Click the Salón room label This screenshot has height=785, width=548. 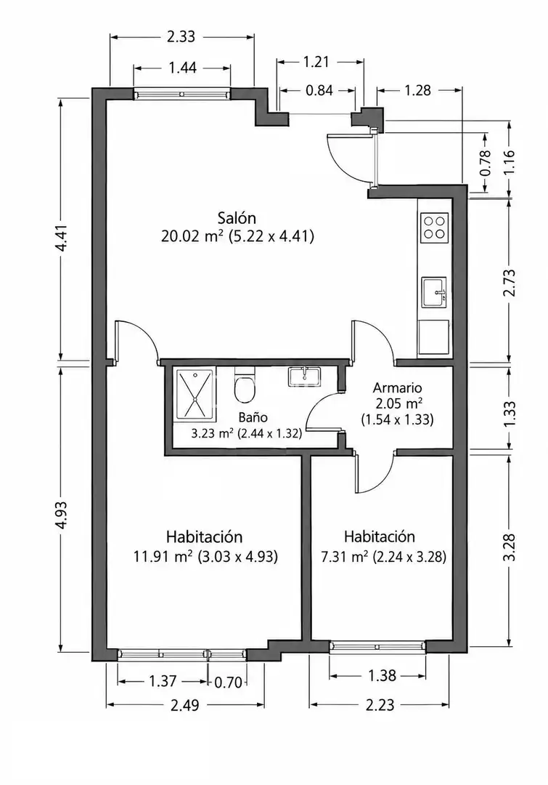point(237,218)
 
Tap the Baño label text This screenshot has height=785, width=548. point(253,417)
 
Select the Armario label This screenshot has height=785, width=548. point(398,387)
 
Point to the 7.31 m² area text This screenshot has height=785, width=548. point(345,556)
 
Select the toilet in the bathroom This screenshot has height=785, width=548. point(244,385)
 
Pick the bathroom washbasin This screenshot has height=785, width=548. point(304,377)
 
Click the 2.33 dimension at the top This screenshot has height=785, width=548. point(181,36)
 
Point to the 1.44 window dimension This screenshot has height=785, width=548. point(182,68)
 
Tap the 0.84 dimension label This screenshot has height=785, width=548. point(319,91)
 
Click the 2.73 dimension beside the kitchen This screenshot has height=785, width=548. point(509,283)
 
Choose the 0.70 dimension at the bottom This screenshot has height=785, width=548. point(228,682)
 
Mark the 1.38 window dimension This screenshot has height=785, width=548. point(382,676)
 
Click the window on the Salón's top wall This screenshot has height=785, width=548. point(182,94)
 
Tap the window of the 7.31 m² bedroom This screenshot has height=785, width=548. point(378,647)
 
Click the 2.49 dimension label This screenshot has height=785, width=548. point(185,705)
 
